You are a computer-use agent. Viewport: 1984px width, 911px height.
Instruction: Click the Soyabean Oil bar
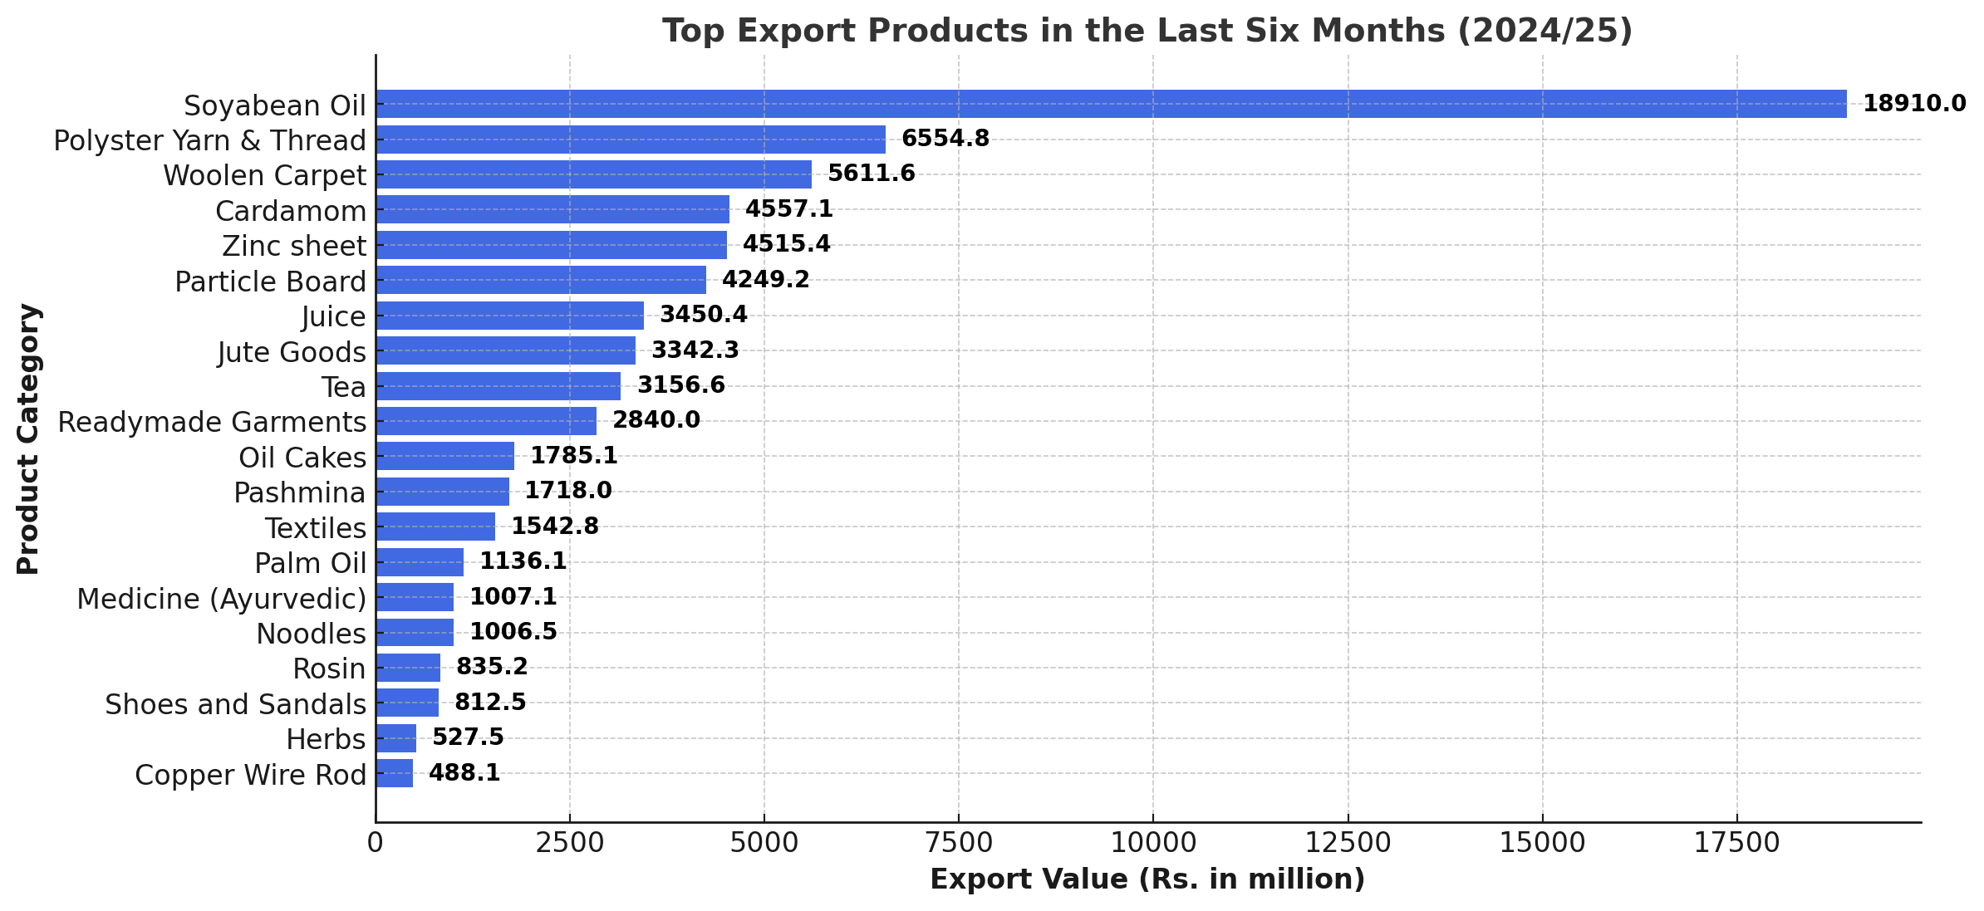point(1111,104)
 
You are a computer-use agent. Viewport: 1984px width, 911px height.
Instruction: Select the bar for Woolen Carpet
point(593,174)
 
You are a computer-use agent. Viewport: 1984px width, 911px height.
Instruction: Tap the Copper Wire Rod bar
point(394,773)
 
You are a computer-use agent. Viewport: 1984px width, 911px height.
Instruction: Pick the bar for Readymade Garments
point(486,421)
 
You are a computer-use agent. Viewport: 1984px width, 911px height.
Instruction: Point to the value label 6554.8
point(945,139)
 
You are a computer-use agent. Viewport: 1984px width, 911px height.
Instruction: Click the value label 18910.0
point(1914,104)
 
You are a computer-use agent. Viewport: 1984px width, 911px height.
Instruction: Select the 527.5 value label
point(468,737)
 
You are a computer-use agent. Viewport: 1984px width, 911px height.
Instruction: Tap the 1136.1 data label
point(523,561)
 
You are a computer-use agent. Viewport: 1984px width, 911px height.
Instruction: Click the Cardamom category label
point(291,212)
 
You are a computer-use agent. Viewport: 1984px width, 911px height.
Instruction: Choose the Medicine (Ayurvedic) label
point(222,599)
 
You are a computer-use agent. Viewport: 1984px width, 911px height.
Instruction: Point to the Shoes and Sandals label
point(235,704)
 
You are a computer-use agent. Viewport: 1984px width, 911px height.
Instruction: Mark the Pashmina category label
point(299,493)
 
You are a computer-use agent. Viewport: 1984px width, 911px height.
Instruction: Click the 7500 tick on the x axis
point(958,843)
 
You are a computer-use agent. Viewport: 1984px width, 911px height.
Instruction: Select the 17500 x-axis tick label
point(1736,843)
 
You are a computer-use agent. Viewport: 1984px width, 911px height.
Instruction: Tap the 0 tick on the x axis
point(376,843)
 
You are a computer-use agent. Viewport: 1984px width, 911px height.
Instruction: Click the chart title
point(1147,31)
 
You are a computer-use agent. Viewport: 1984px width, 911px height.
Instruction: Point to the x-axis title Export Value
point(1147,879)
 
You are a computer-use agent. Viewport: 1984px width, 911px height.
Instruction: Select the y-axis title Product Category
point(28,438)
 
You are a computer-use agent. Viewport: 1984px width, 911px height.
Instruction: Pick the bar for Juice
point(509,316)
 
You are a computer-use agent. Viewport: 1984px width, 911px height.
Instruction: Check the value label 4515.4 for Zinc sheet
point(786,244)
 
